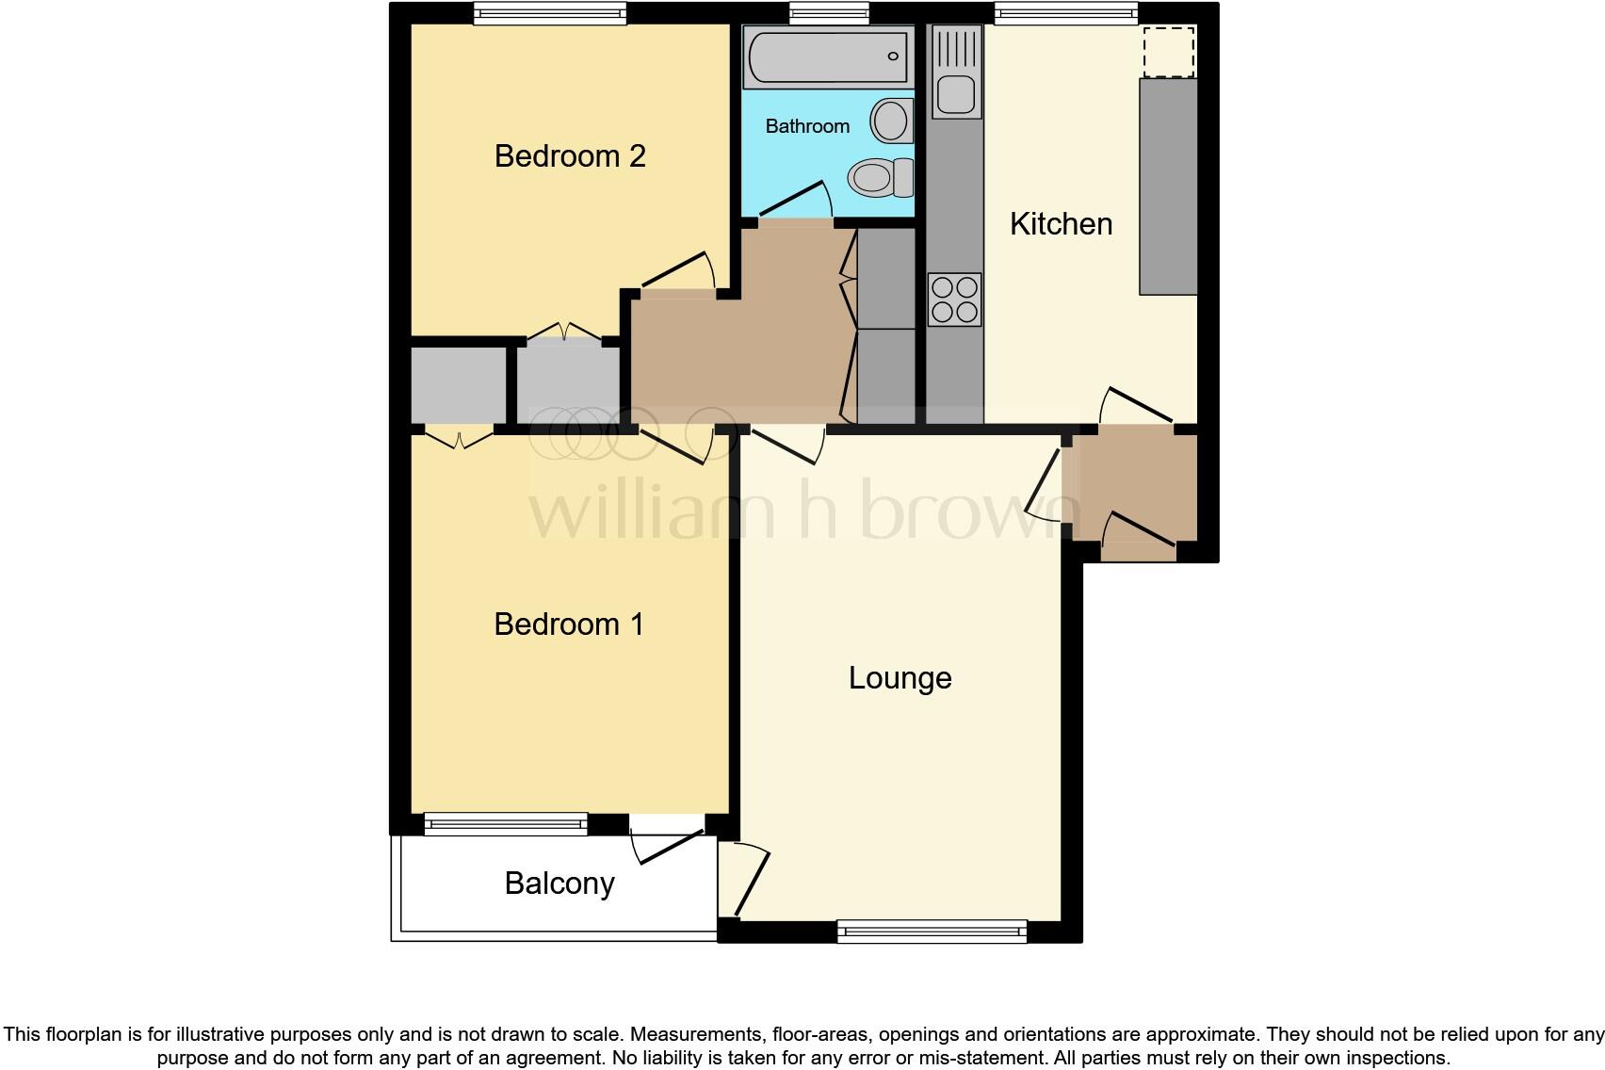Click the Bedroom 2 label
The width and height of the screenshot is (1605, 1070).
point(570,156)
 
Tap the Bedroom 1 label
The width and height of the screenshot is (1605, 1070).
point(569,624)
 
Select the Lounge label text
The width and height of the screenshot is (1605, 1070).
point(900,678)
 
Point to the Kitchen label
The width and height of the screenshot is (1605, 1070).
point(1061,224)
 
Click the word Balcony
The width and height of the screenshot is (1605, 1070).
point(559,884)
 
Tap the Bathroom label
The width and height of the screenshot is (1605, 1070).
point(807,126)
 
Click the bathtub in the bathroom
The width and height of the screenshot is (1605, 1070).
point(828,57)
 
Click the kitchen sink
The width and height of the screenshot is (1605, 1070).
point(956,93)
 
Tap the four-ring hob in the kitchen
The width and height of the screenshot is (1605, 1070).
point(954,300)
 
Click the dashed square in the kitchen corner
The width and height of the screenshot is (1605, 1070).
point(1169,52)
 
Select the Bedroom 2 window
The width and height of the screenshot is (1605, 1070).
point(550,13)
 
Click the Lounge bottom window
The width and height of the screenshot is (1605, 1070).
point(932,932)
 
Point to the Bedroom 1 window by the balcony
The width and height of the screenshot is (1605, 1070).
point(506,825)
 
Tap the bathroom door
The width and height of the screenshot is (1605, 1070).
point(795,202)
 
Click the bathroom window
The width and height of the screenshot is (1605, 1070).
point(829,12)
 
